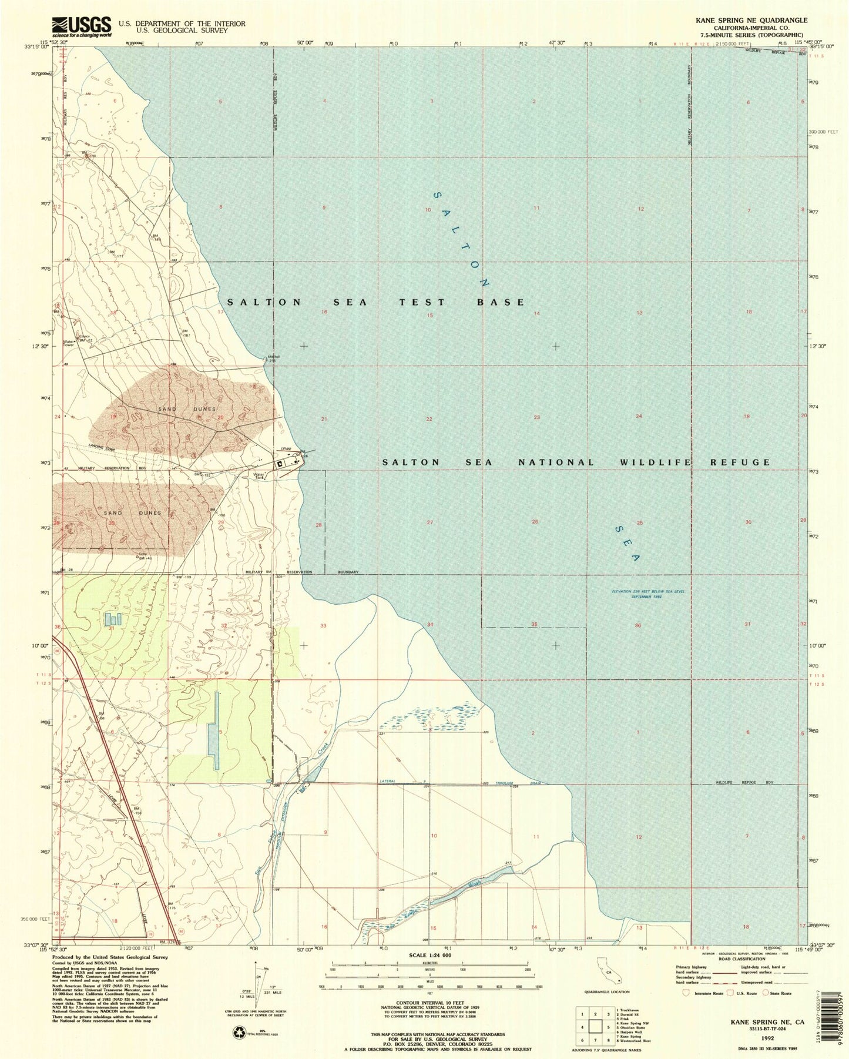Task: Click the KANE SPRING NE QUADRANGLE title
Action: tap(751, 20)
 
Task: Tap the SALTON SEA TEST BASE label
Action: tap(376, 302)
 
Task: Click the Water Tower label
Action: tap(70, 343)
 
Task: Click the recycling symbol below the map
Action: tap(240, 1031)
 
